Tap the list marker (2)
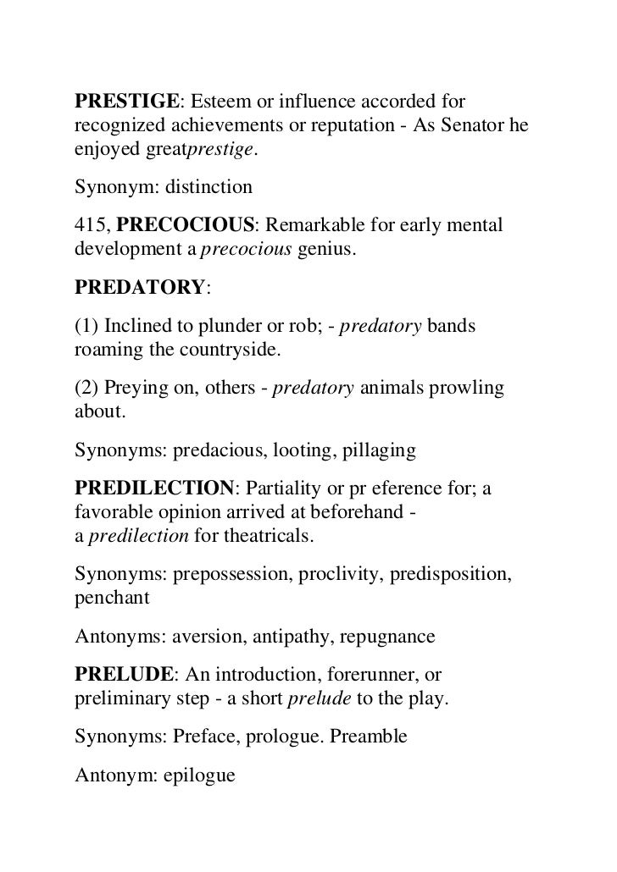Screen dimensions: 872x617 pyautogui.click(x=88, y=387)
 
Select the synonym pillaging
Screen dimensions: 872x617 pyautogui.click(x=379, y=450)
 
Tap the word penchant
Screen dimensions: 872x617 pyautogui.click(x=112, y=598)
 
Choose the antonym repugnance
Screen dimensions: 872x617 pyautogui.click(x=386, y=635)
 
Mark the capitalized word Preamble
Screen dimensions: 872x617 pyautogui.click(x=370, y=736)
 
